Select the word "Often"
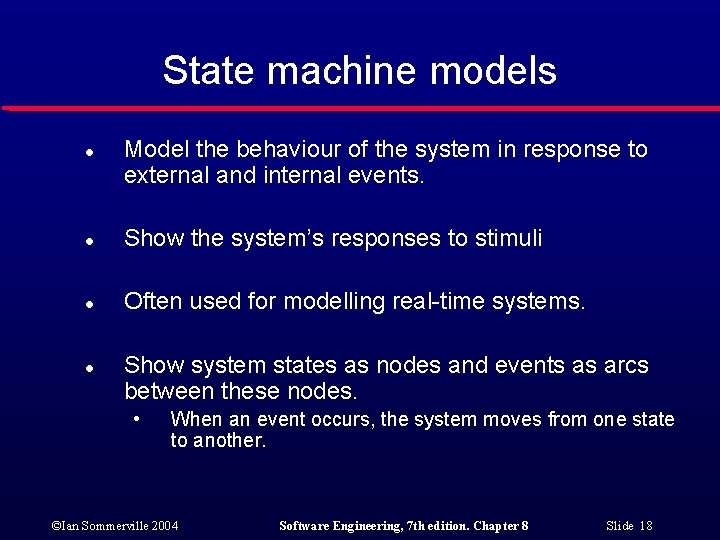click(x=149, y=301)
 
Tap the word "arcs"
click(x=625, y=366)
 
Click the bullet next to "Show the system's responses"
click(x=89, y=241)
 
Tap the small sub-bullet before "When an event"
click(x=136, y=417)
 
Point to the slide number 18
click(x=645, y=526)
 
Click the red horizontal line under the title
click(x=360, y=108)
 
